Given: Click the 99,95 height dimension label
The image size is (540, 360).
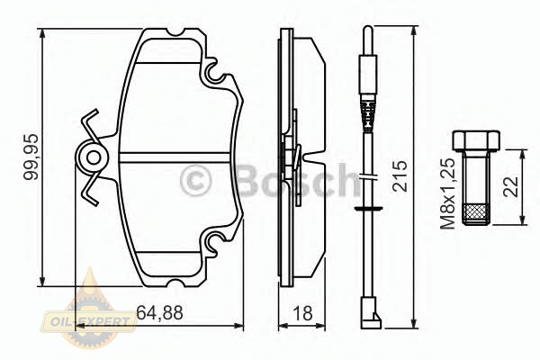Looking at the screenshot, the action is (31, 157).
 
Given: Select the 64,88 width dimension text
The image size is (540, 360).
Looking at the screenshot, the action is (160, 313).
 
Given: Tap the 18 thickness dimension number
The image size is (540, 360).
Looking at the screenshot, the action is (302, 313).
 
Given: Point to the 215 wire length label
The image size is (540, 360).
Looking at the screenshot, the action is (400, 175).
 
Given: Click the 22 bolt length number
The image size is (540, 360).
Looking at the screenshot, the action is (510, 187).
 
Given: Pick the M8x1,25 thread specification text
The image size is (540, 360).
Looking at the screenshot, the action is (448, 193).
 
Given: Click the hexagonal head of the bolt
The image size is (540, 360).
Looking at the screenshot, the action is (476, 140).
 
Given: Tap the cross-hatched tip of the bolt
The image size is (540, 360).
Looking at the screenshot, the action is (476, 214).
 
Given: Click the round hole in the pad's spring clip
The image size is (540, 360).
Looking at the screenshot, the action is (94, 158).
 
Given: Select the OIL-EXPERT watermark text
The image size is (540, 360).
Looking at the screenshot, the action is (89, 322).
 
